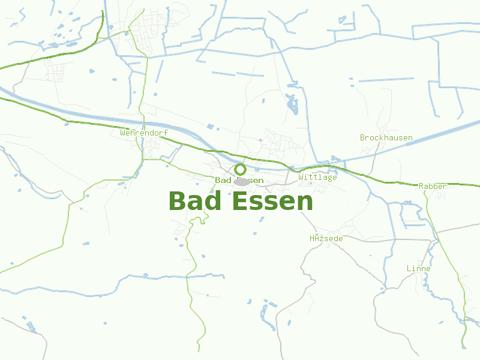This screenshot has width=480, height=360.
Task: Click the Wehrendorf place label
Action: pyautogui.click(x=144, y=133)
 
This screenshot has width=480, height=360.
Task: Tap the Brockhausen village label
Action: pyautogui.click(x=386, y=137)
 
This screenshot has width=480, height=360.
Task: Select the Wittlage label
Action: pyautogui.click(x=318, y=177)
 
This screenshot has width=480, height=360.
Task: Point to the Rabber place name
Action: pyautogui.click(x=433, y=186)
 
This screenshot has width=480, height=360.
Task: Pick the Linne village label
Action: pyautogui.click(x=418, y=268)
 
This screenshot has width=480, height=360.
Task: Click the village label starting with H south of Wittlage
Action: pyautogui.click(x=326, y=238)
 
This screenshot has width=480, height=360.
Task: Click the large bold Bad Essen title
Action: pyautogui.click(x=241, y=202)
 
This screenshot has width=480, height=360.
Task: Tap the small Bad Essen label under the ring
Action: pyautogui.click(x=239, y=180)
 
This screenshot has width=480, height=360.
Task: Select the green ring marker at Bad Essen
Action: pyautogui.click(x=240, y=169)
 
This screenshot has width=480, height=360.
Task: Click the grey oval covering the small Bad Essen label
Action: pyautogui.click(x=242, y=181)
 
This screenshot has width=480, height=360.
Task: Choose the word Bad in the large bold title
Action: pyautogui.click(x=195, y=202)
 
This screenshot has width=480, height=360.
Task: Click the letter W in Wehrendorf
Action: pyautogui.click(x=123, y=133)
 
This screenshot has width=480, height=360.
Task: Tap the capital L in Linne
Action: pyautogui.click(x=409, y=268)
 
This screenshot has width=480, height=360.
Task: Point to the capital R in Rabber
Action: pyautogui.click(x=421, y=186)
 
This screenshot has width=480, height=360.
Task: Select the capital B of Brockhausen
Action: pyautogui.click(x=362, y=137)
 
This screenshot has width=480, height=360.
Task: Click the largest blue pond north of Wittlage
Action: pyautogui.click(x=293, y=106)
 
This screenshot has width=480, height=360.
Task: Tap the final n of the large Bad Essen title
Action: pyautogui.click(x=305, y=203)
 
